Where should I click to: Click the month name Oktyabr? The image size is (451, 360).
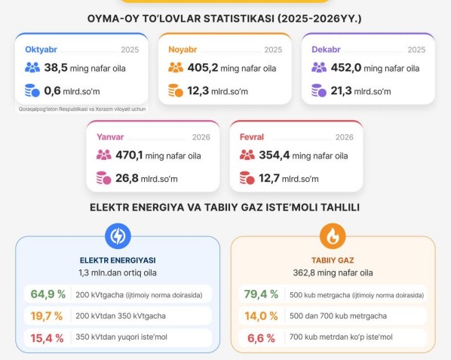[x=42, y=50]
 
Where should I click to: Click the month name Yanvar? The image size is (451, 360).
[x=111, y=137]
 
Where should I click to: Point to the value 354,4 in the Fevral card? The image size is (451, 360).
[x=275, y=155]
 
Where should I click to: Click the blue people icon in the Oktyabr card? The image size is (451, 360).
[x=32, y=68]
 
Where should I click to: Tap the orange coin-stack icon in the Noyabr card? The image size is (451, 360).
[x=175, y=91]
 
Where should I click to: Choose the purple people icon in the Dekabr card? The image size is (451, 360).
[x=319, y=68]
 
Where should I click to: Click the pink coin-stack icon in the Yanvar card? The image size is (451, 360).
[x=103, y=179]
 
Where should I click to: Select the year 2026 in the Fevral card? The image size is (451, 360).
[x=344, y=137]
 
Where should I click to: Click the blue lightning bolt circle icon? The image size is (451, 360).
[x=118, y=236]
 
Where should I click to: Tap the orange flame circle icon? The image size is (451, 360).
[x=332, y=236]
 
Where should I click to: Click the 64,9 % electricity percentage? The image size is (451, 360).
[x=48, y=294]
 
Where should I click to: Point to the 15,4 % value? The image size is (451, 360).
[x=48, y=338]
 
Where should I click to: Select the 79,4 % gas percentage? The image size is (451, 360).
[x=261, y=294]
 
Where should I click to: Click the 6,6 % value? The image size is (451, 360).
[x=261, y=338]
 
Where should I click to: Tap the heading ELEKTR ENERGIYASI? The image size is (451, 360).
[x=118, y=260]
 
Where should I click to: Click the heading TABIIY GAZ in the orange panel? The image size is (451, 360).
[x=332, y=260]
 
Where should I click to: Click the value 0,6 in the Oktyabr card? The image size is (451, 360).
[x=53, y=91]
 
